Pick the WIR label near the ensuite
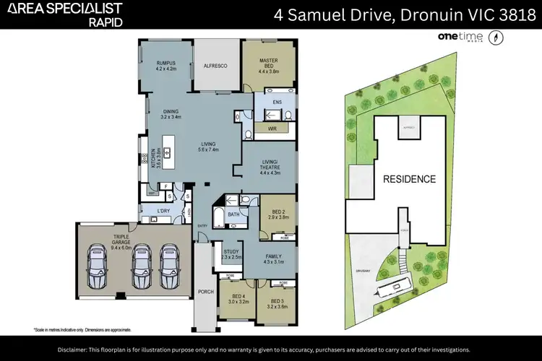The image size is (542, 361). (272, 128)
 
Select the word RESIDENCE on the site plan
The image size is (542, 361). (409, 179)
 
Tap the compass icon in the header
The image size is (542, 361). (496, 38)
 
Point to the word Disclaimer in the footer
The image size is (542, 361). (78, 349)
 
